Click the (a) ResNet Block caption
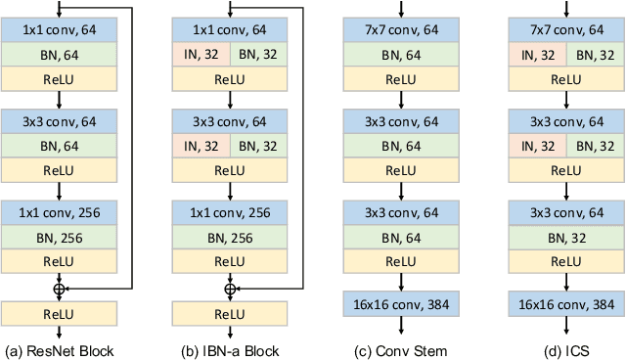[61, 350]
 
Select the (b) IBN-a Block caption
[231, 350]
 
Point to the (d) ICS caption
[567, 350]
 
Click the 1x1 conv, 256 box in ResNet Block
[61, 211]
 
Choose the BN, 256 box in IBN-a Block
[231, 236]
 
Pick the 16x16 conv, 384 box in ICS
[567, 305]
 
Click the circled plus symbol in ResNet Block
[61, 289]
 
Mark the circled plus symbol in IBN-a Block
[231, 289]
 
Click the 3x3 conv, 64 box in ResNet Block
[61, 123]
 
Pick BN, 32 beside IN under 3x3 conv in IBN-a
[259, 148]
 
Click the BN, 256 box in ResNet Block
[61, 236]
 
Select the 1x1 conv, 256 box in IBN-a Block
[231, 211]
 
